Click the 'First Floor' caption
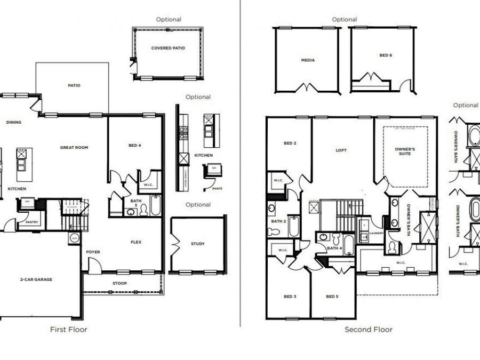(x=68, y=330)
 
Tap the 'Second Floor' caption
(x=368, y=330)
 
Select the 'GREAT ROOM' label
(x=74, y=148)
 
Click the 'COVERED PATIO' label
(x=168, y=48)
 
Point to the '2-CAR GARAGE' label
(x=36, y=279)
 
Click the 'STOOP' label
(x=120, y=283)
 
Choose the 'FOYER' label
(x=93, y=252)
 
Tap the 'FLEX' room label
(x=137, y=242)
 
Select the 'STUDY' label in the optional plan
(x=197, y=244)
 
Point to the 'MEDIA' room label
(x=308, y=60)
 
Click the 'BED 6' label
(x=386, y=55)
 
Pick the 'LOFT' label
(x=341, y=150)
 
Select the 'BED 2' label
(x=290, y=143)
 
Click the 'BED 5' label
(x=332, y=297)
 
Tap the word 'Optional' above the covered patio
(x=169, y=19)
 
